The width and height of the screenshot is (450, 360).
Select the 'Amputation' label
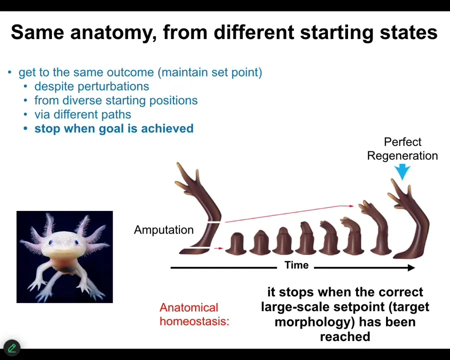164,230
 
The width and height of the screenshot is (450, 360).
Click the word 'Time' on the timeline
296,265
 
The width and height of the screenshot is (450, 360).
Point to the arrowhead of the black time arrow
411,267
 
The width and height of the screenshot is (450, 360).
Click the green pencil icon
12,348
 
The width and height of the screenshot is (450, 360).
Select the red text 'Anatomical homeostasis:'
194,314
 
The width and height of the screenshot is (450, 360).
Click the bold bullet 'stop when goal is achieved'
114,128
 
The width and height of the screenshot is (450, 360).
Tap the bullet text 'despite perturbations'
92,86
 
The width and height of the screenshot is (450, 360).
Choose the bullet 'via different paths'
82,114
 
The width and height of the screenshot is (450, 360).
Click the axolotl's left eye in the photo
51,242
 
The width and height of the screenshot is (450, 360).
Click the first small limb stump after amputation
236,243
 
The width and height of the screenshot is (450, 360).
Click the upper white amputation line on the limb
214,222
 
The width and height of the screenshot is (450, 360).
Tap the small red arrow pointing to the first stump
218,248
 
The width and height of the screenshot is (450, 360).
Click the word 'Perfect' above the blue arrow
402,142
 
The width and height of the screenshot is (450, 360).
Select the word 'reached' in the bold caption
345,336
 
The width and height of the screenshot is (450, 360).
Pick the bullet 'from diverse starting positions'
116,100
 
